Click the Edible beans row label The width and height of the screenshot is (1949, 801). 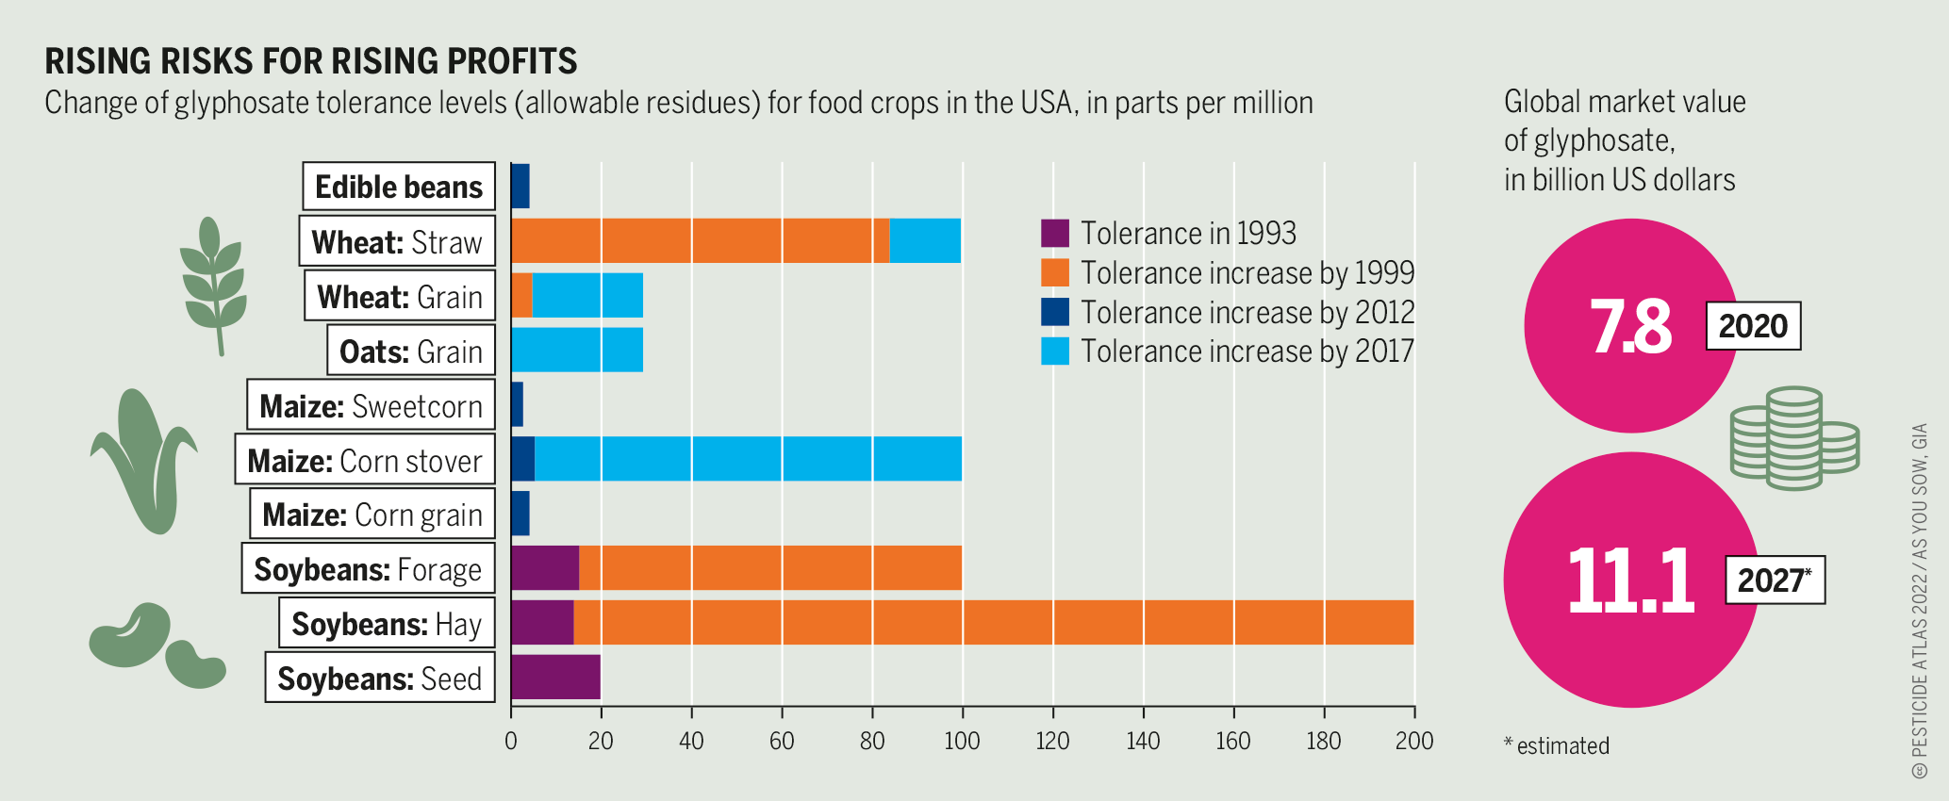tap(399, 187)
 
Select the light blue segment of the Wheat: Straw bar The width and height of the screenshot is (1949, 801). tap(925, 240)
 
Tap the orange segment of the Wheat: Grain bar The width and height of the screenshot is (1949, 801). tap(521, 295)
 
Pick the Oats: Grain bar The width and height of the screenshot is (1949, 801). tap(577, 350)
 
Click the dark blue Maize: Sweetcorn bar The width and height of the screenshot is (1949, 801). tap(517, 404)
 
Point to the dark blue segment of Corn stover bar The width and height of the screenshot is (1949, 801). tap(522, 459)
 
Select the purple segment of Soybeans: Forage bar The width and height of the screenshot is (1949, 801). tap(545, 568)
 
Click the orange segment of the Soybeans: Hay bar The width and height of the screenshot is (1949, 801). tap(994, 623)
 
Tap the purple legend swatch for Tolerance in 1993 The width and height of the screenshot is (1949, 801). tap(1055, 233)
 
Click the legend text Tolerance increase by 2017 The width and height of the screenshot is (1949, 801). tap(1247, 351)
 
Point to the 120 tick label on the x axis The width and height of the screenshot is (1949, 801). tap(1052, 741)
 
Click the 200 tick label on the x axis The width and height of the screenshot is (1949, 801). tap(1414, 741)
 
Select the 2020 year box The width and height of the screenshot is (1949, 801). tap(1753, 326)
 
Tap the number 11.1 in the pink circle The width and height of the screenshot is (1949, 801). tap(1630, 580)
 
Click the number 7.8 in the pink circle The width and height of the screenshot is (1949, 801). tap(1630, 326)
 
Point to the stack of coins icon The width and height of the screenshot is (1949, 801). tap(1793, 437)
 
